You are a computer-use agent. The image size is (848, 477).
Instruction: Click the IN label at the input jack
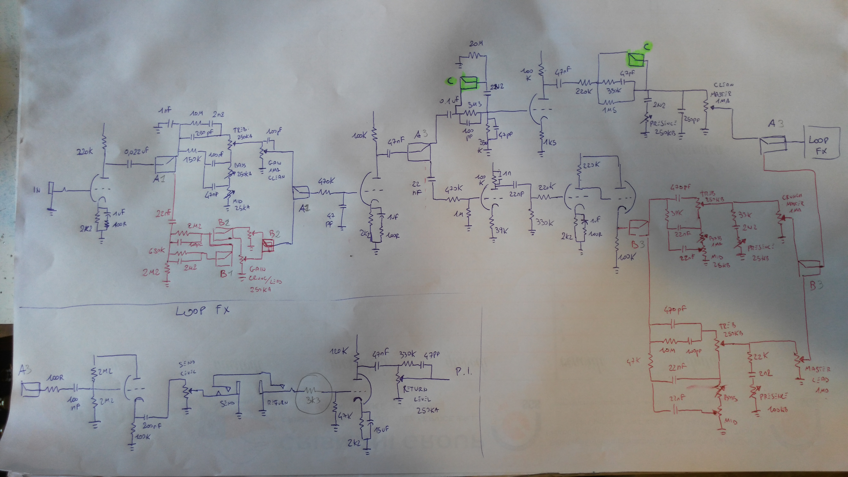click(x=37, y=190)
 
